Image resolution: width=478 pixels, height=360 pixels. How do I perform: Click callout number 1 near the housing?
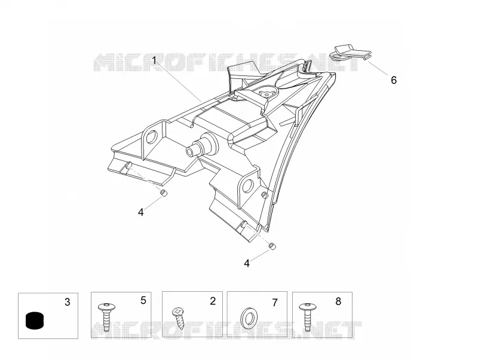click(155, 60)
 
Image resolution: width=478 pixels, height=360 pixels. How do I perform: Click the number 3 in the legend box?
click(68, 302)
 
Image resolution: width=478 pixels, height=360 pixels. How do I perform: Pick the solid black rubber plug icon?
click(35, 321)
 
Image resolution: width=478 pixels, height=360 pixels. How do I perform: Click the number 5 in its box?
click(143, 301)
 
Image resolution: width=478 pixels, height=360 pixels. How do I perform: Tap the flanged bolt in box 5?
click(106, 317)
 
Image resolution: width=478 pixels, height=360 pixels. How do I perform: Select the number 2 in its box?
click(213, 301)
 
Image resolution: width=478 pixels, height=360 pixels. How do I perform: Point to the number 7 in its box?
click(275, 303)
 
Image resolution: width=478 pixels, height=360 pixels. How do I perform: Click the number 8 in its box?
click(338, 301)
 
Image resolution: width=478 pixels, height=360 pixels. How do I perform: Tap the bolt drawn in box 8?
click(307, 317)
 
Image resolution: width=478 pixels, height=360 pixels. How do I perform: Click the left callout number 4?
click(140, 212)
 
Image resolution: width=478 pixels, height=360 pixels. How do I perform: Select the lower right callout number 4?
click(247, 263)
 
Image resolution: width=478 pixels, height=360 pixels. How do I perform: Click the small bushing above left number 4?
click(164, 193)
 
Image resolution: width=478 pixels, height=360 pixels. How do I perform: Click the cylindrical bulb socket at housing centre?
click(201, 145)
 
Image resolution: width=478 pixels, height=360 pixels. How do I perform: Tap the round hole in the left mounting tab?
click(152, 136)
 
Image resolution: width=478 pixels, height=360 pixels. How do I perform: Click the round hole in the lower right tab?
click(247, 185)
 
